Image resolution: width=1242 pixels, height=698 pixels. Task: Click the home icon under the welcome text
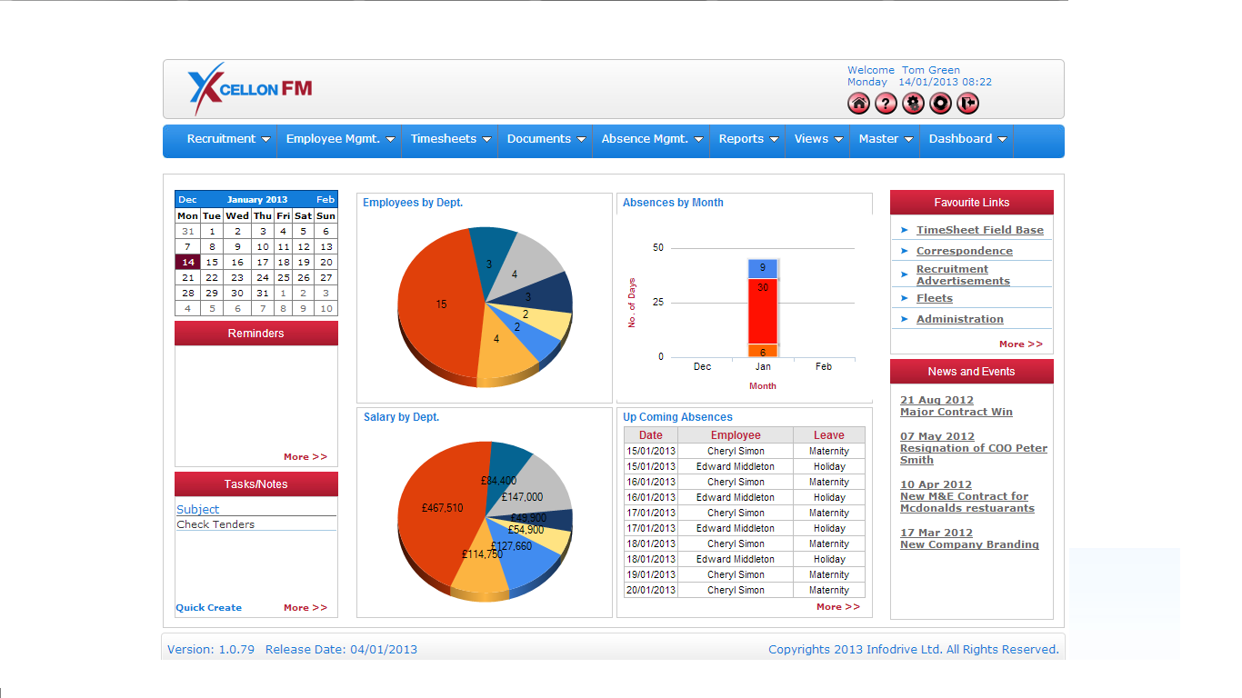click(x=858, y=104)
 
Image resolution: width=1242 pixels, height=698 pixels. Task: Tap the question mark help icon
click(x=886, y=104)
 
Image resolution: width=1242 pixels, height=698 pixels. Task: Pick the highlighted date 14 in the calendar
click(x=187, y=262)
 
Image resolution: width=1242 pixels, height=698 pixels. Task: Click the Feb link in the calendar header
click(x=326, y=199)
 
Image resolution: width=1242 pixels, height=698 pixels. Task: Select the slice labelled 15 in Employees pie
click(x=441, y=304)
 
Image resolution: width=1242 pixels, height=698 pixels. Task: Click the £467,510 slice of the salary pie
click(x=442, y=508)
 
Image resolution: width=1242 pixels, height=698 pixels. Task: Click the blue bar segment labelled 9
click(x=762, y=268)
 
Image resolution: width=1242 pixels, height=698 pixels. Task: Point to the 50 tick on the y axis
click(x=658, y=247)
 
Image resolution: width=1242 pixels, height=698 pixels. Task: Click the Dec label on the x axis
click(x=702, y=366)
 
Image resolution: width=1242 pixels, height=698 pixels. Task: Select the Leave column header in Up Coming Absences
click(x=828, y=435)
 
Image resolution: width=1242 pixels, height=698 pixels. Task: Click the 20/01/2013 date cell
click(x=651, y=590)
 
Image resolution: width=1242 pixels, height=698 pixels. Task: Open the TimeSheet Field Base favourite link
click(x=979, y=230)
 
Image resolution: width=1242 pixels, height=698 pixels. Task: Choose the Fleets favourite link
click(x=934, y=298)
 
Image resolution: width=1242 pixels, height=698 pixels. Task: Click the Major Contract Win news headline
click(x=956, y=412)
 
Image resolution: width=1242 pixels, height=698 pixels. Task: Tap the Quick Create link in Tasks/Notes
click(x=209, y=607)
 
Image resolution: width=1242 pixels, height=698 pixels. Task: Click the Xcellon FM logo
click(x=250, y=88)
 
